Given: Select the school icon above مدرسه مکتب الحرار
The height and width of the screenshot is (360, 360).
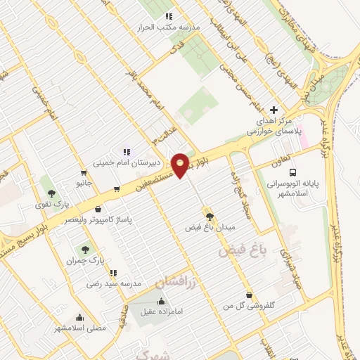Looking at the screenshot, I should tap(168, 16).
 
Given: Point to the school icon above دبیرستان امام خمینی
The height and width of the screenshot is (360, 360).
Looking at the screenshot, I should tap(127, 151).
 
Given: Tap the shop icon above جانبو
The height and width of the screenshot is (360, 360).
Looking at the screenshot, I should tap(84, 173).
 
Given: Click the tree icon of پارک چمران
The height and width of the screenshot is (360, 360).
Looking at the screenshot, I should tap(85, 249).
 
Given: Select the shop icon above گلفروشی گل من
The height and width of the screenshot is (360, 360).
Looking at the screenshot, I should tap(249, 295).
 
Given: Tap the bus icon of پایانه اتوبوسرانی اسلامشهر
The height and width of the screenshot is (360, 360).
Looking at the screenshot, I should tap(292, 173).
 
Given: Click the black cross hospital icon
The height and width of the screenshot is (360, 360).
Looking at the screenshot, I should tap(274, 110).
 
